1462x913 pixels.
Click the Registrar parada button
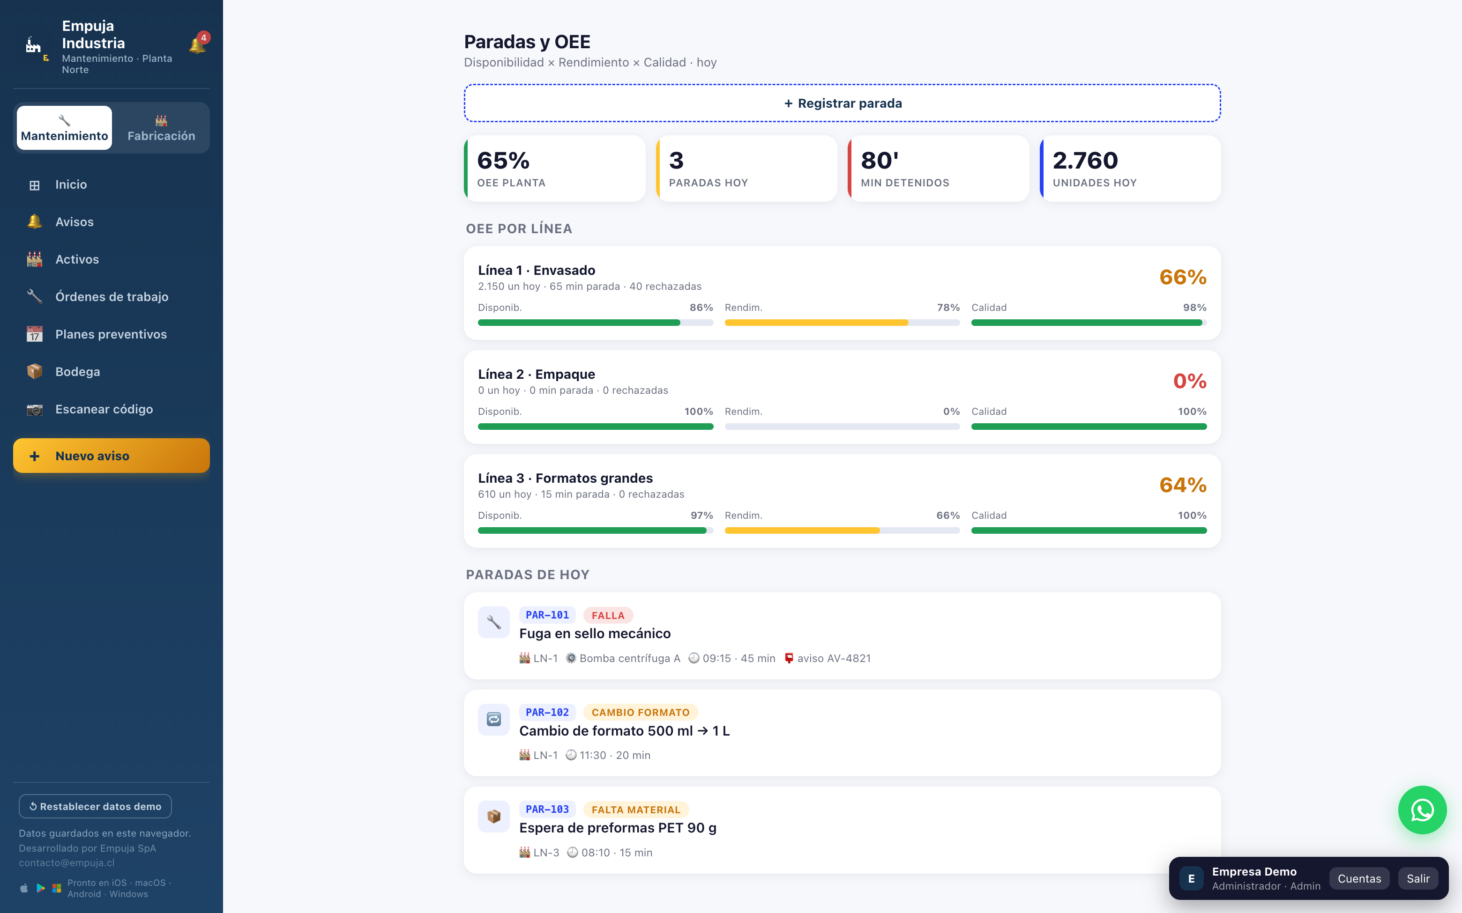click(x=842, y=103)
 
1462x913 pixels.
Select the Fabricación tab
click(x=161, y=128)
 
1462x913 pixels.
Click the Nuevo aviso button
click(x=111, y=456)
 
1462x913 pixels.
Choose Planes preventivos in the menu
click(x=111, y=334)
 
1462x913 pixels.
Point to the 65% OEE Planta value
click(x=503, y=161)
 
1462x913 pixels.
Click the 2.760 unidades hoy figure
click(x=1085, y=161)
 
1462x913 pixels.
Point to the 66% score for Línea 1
click(x=1182, y=277)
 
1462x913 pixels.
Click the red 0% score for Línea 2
click(x=1190, y=381)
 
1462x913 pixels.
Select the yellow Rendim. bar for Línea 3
click(x=802, y=530)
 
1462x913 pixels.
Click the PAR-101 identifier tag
click(x=547, y=615)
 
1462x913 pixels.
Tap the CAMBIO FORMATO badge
click(x=641, y=713)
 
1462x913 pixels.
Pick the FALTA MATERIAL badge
click(x=635, y=810)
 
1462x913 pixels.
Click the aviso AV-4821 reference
click(x=827, y=658)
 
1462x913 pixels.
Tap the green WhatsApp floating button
click(x=1422, y=810)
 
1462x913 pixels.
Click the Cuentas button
click(x=1359, y=878)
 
